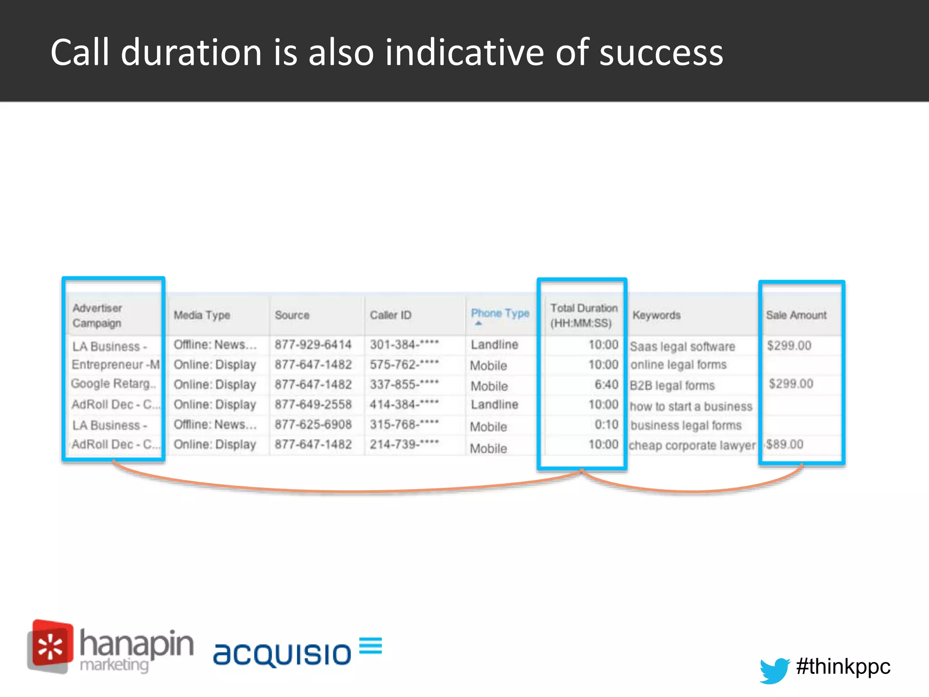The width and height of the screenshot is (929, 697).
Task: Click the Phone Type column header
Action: pos(499,314)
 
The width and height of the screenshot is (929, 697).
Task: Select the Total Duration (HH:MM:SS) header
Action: pos(583,315)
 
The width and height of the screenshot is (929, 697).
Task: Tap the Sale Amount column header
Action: pos(796,315)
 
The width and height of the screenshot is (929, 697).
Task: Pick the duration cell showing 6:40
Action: pos(606,385)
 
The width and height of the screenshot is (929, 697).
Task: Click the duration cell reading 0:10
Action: pos(606,425)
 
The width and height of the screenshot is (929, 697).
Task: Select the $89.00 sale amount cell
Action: pos(785,444)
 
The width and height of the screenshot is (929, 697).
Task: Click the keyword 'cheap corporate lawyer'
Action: pos(692,446)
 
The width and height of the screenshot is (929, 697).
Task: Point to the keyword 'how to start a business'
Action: pos(690,407)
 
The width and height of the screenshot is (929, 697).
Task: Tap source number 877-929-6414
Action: pos(313,345)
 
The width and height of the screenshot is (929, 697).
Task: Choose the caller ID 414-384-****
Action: pos(404,404)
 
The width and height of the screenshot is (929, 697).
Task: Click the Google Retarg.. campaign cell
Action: pos(113,384)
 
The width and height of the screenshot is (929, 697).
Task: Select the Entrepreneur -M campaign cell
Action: pos(115,365)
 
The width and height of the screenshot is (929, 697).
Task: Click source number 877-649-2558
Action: pos(313,404)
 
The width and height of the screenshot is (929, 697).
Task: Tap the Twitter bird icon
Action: pos(774,669)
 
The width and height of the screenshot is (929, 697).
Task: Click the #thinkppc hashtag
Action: pos(843,667)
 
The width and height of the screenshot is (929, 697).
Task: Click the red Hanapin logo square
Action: pos(51,646)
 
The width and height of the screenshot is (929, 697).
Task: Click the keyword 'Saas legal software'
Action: pos(682,347)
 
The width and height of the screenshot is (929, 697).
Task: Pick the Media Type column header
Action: pos(202,315)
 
